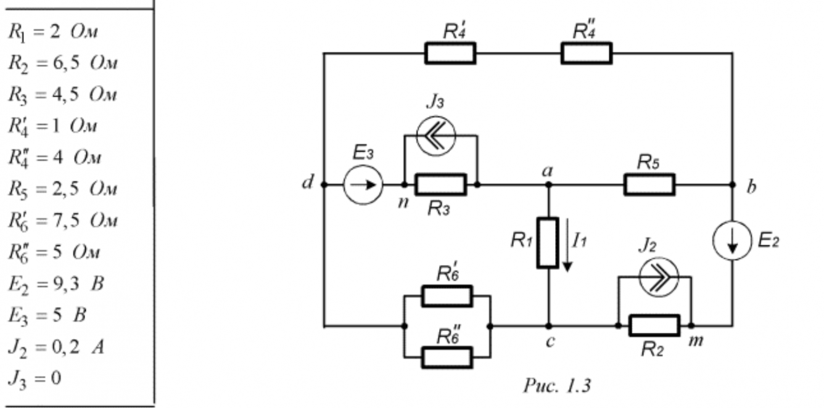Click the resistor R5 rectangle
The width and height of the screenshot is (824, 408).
pos(649,184)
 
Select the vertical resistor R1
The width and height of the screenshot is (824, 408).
pos(548,242)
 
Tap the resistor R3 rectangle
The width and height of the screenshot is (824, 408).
pos(440,184)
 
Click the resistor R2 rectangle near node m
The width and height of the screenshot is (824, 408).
pos(654,325)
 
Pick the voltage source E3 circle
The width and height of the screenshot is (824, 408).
pos(363,184)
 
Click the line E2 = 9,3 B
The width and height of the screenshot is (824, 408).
pos(56,284)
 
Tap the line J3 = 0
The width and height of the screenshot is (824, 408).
pos(35,378)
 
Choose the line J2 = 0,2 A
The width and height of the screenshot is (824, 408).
pos(56,347)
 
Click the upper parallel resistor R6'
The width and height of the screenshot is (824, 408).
pos(447,296)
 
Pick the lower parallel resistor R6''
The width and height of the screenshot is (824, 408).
pos(447,357)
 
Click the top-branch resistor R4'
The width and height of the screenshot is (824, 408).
pos(450,53)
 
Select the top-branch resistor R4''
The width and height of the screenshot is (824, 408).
pos(586,53)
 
